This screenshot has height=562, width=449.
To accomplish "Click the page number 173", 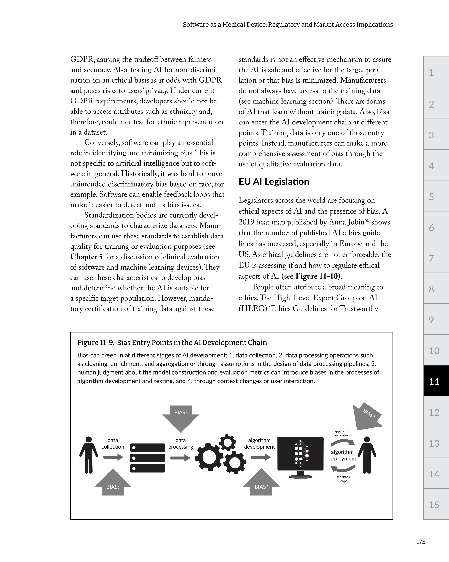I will [421, 542].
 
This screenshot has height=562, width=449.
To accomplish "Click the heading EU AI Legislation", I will [274, 182].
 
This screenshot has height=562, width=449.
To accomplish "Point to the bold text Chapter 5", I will [86, 257].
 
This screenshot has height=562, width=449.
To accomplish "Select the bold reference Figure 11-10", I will [316, 276].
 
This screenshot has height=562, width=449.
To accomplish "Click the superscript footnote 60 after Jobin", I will [367, 220].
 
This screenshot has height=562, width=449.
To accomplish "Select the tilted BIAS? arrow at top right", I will [367, 416].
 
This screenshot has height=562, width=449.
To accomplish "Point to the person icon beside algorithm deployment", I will [367, 455].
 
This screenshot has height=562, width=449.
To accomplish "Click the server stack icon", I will [147, 458].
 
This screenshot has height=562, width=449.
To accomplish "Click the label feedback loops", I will [343, 479].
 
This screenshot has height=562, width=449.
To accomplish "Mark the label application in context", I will [342, 433].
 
